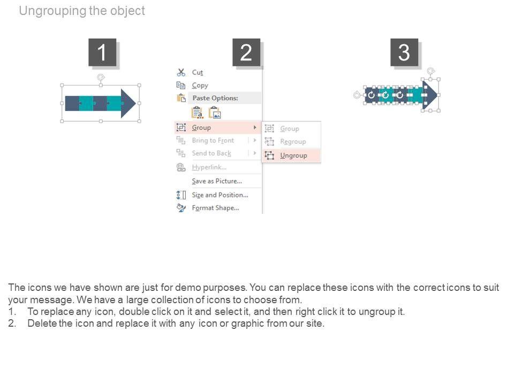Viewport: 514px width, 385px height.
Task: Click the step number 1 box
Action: (102, 53)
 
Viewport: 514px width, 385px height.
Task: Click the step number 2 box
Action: (246, 53)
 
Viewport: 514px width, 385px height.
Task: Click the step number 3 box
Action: (404, 53)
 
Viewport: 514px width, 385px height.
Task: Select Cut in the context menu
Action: (198, 72)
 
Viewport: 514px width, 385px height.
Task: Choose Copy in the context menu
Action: (200, 85)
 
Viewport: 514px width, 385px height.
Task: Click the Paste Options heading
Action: (215, 98)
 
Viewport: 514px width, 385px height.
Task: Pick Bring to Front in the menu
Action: (213, 141)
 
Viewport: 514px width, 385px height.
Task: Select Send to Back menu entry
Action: (211, 153)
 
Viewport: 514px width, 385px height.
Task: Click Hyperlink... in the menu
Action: (209, 167)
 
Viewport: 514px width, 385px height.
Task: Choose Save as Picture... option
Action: (217, 181)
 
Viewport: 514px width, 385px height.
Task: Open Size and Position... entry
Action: (220, 195)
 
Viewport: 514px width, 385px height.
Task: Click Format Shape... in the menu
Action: (215, 208)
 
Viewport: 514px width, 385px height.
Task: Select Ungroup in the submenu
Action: (293, 156)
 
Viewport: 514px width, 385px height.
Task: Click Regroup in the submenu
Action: (293, 142)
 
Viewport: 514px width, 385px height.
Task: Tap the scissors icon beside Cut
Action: (181, 72)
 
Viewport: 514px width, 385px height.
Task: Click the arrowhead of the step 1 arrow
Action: (128, 103)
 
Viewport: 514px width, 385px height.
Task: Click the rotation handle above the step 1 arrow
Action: (100, 78)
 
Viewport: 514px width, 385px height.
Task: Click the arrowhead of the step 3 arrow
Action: (429, 95)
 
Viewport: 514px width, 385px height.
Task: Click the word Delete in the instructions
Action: (42, 324)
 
